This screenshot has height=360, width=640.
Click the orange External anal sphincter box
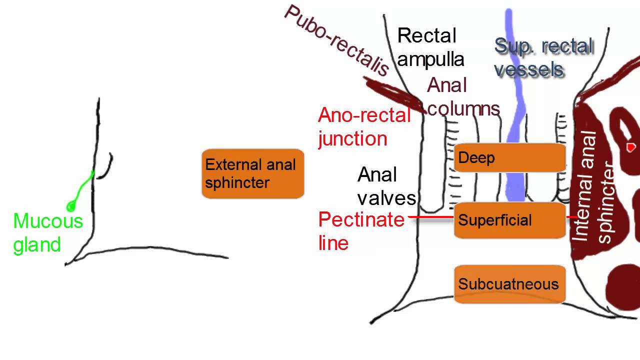(x=252, y=173)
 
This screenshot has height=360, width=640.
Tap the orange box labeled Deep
(x=509, y=158)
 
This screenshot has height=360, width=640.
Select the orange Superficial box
(x=509, y=220)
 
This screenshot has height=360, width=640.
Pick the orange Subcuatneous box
(x=509, y=284)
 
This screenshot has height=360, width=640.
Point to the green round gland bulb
(x=71, y=205)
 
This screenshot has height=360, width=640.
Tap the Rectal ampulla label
(x=430, y=47)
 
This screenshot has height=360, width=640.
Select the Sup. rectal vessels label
(x=543, y=57)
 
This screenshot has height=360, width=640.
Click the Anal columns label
(x=463, y=97)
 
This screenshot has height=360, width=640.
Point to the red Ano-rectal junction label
(x=364, y=126)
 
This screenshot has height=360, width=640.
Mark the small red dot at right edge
(x=630, y=147)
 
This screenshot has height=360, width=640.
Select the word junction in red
(x=353, y=138)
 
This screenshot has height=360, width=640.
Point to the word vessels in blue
(x=529, y=69)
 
